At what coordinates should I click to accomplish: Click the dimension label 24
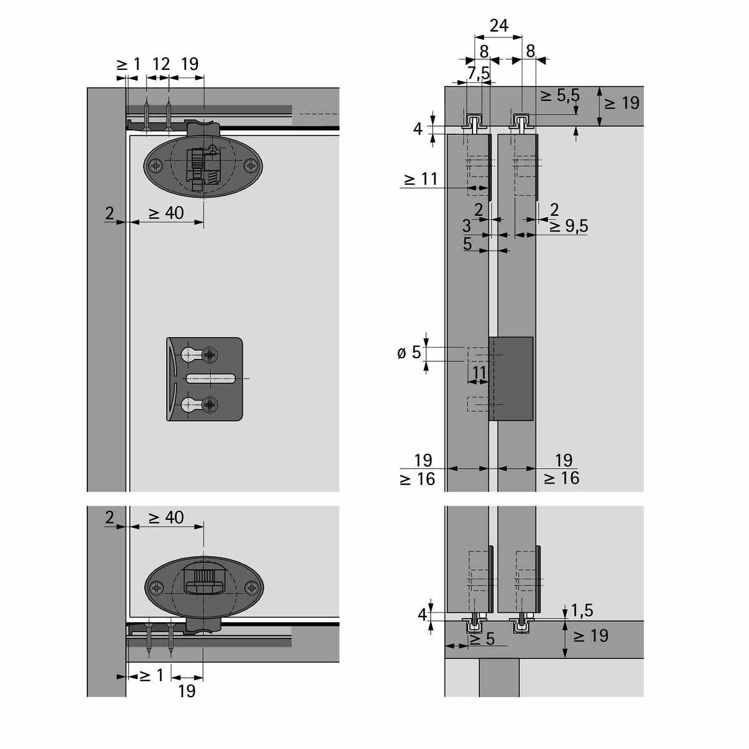tap(499, 26)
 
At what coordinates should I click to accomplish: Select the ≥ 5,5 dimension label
tap(560, 95)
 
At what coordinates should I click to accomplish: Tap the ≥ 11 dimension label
tap(421, 179)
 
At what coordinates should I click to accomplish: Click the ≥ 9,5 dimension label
tap(569, 226)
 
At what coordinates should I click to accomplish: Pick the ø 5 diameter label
tap(409, 353)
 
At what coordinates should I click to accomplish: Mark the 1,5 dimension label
tap(582, 610)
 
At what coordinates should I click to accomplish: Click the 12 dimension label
tap(161, 64)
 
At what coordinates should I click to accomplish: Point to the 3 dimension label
tap(466, 225)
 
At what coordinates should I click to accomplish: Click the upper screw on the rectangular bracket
tap(210, 355)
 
